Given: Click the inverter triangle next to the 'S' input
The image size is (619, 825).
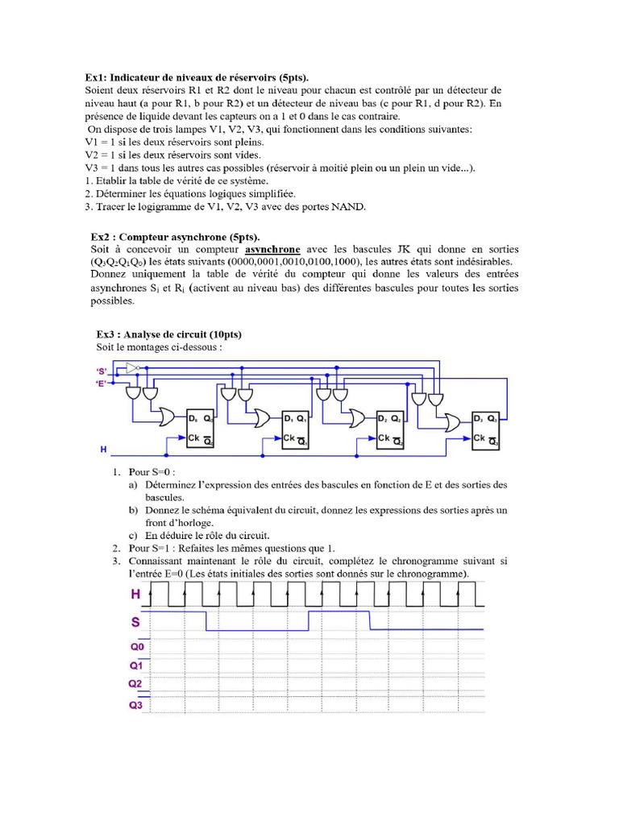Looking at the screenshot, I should pyautogui.click(x=132, y=369).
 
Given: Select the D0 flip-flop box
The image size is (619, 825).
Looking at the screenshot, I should pyautogui.click(x=200, y=429).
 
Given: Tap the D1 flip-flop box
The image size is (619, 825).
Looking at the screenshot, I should pyautogui.click(x=295, y=429).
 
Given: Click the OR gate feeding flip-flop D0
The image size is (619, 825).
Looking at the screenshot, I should pyautogui.click(x=168, y=416).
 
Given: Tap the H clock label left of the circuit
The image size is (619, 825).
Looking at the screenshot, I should pyautogui.click(x=103, y=447).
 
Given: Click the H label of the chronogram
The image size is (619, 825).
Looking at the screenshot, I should pyautogui.click(x=136, y=595).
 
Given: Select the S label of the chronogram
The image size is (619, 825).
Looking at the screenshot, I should pyautogui.click(x=136, y=622).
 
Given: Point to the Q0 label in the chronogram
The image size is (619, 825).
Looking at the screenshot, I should pyautogui.click(x=136, y=646).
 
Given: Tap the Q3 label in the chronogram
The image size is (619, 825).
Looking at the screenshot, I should pyautogui.click(x=136, y=705).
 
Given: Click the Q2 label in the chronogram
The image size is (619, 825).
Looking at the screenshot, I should pyautogui.click(x=136, y=684).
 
